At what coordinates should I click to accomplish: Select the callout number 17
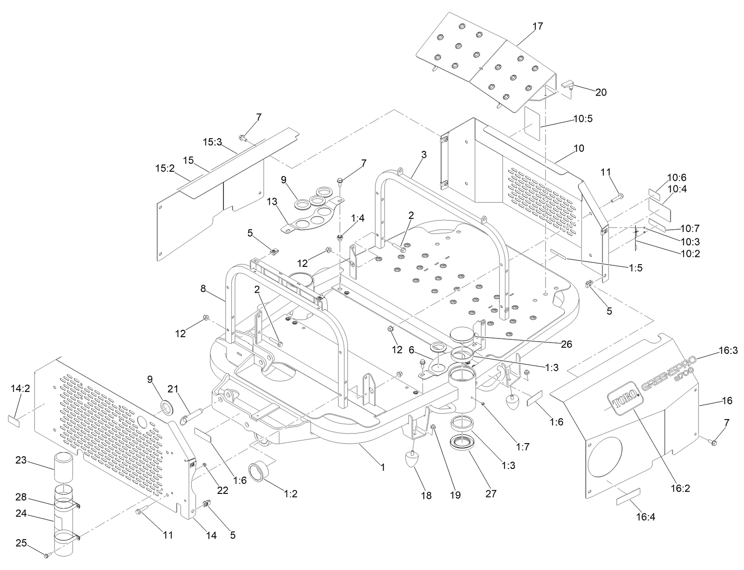click(537, 26)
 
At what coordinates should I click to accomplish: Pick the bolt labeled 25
click(46, 555)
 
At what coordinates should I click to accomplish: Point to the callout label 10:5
click(583, 119)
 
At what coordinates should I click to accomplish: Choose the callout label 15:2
click(165, 169)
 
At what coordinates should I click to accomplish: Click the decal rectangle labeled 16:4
click(628, 497)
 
